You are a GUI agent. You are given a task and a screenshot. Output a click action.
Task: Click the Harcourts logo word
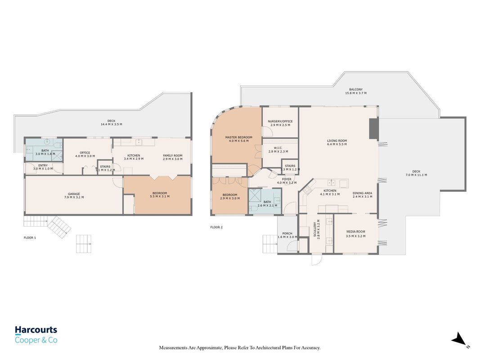36,330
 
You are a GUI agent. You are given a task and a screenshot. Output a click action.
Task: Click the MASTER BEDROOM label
239,137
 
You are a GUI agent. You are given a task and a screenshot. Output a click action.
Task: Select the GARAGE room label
74,194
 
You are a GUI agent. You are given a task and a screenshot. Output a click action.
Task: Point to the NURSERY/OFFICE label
280,121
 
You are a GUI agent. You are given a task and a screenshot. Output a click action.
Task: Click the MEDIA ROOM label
356,232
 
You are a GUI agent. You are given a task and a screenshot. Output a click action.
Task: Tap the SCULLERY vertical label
315,229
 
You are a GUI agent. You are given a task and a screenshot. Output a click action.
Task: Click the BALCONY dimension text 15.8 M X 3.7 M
356,93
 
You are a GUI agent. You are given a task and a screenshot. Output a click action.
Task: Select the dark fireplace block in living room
374,129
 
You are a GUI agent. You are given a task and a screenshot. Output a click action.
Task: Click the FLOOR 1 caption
30,238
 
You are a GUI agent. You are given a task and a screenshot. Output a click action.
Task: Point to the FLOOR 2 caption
216,227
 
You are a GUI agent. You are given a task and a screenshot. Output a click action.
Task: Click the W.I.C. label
278,148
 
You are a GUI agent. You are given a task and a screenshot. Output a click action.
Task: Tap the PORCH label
287,234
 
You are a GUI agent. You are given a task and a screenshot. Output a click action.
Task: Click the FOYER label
287,180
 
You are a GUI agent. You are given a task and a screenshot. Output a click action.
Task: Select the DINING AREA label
363,193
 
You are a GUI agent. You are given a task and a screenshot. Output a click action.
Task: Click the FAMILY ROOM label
173,156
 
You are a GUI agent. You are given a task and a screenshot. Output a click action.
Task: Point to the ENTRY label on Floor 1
43,165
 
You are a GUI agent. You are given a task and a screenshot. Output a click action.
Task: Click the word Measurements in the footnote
173,348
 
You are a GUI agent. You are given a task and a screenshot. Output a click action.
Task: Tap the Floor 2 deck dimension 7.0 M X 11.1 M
416,175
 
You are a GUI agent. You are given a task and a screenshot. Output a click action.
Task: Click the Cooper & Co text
36,340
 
